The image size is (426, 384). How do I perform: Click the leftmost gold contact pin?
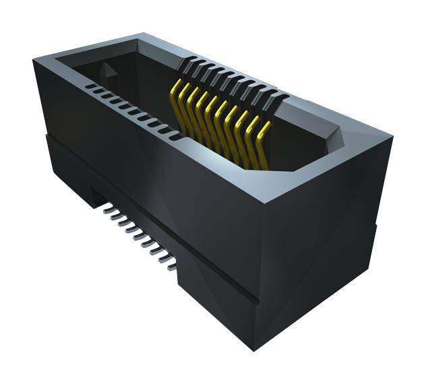[177, 94]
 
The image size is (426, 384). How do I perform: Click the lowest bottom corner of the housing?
[253, 350]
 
